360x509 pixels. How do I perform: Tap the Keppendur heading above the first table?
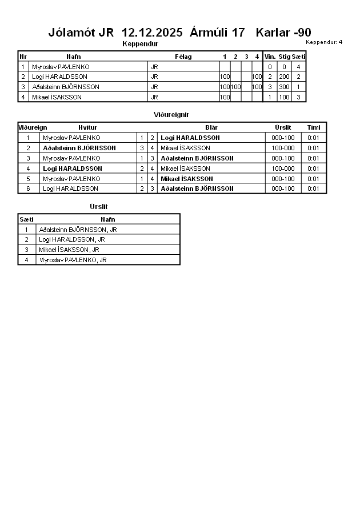[140, 44]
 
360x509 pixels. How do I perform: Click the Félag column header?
[183, 57]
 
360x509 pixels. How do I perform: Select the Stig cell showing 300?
[284, 87]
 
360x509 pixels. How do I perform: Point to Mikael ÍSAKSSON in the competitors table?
[57, 97]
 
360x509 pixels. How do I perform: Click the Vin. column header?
[270, 57]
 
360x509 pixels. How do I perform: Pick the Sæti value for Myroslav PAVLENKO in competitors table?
[298, 67]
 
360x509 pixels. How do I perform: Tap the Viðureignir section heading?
[171, 115]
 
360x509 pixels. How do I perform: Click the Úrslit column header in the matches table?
[283, 127]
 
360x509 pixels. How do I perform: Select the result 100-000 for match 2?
[283, 148]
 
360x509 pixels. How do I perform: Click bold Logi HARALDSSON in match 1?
[190, 138]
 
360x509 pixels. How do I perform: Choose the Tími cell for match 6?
[313, 189]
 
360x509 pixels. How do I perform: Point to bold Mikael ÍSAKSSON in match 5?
[186, 179]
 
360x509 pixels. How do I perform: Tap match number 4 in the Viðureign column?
[28, 169]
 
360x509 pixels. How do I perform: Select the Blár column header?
[211, 127]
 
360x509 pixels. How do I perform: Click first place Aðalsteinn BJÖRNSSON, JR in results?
[78, 230]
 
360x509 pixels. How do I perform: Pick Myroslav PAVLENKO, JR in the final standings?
[73, 260]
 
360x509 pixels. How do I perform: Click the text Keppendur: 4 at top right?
[324, 42]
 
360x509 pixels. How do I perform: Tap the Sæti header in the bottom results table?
[26, 219]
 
